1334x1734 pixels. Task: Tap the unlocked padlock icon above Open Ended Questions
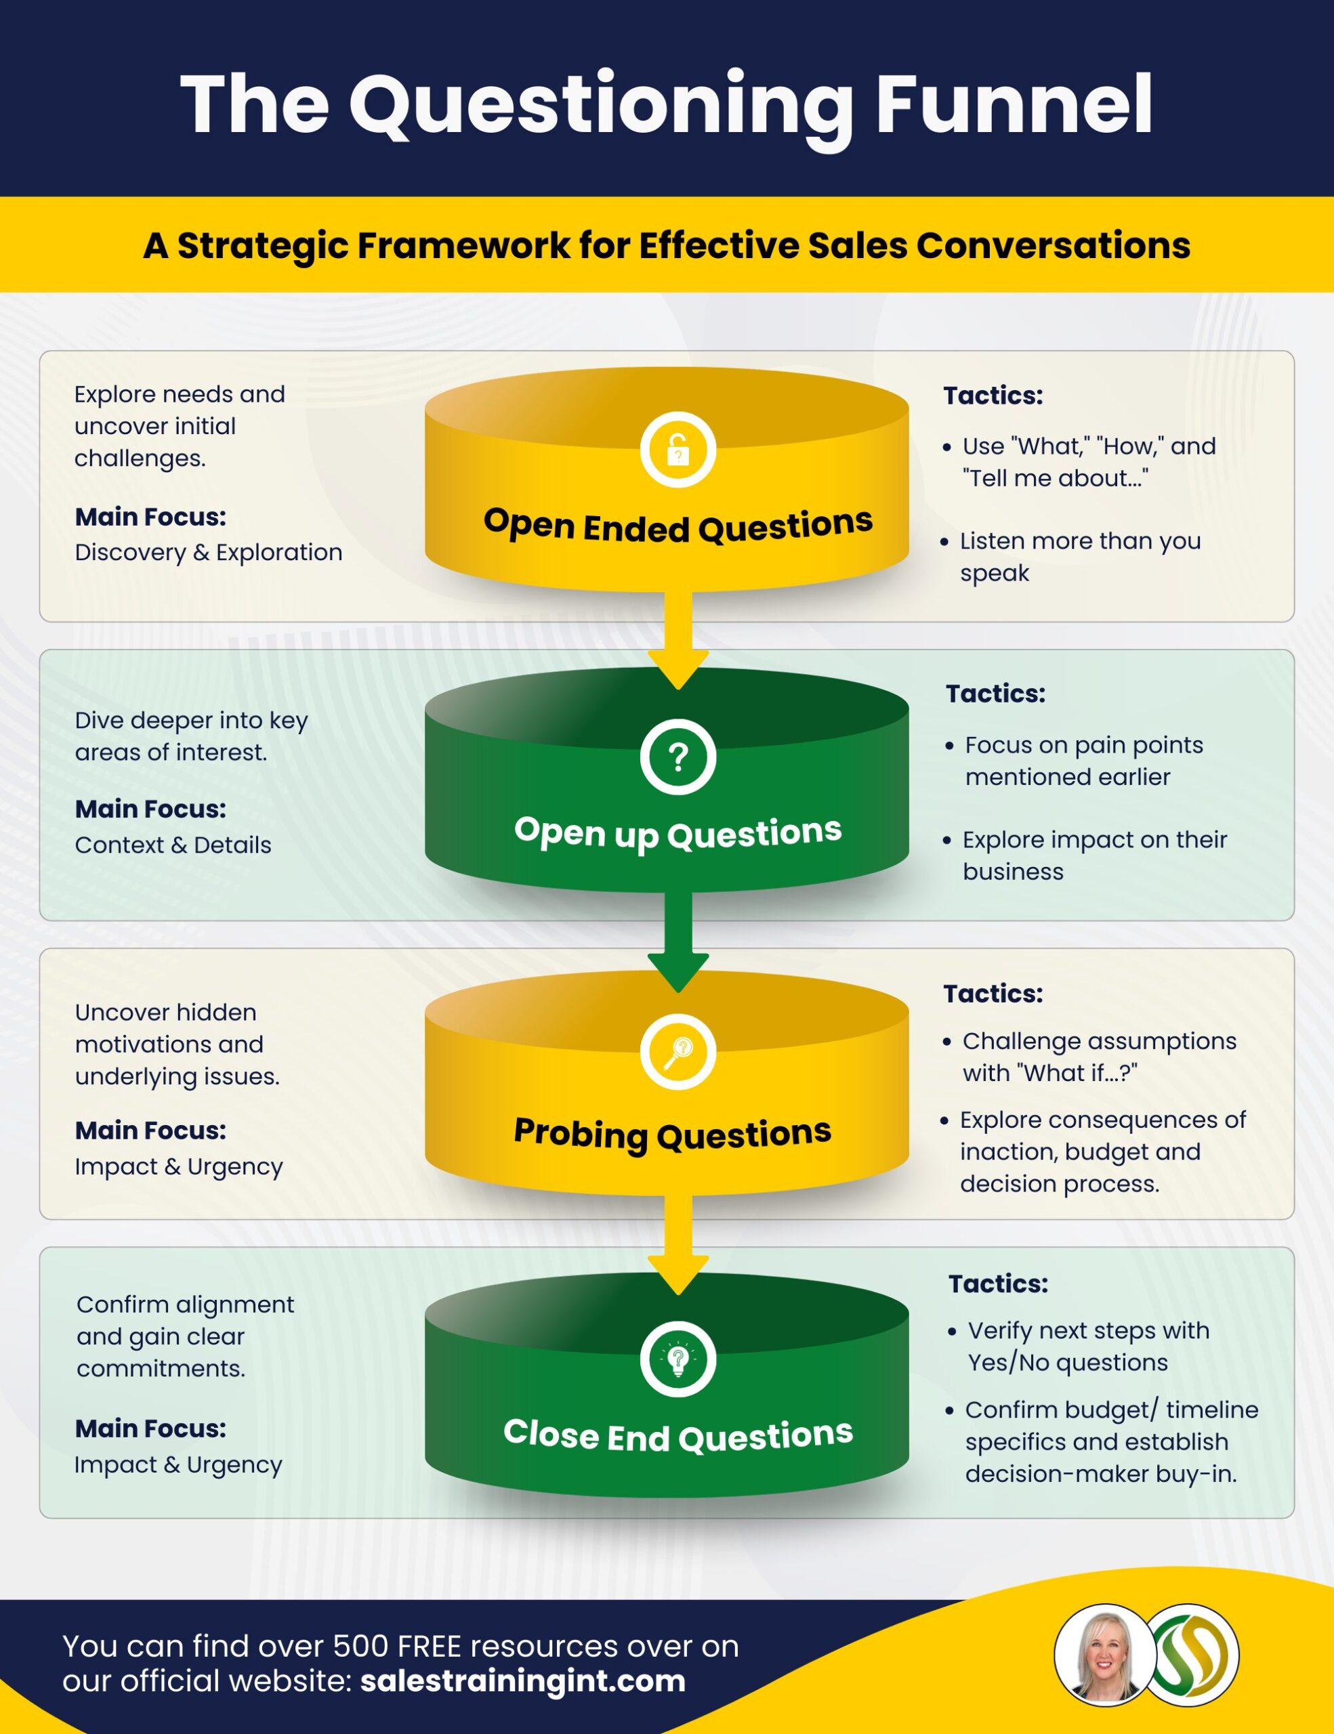tap(678, 449)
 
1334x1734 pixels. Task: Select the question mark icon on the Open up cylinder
tap(678, 757)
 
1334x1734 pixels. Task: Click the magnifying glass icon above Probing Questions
tap(678, 1052)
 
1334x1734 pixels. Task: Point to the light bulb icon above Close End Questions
tap(678, 1359)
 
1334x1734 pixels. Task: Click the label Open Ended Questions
tap(678, 526)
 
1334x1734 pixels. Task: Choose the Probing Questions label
tap(672, 1134)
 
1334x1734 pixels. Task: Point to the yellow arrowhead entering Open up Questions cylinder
tap(678, 669)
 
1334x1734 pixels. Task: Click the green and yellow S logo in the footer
tap(1190, 1656)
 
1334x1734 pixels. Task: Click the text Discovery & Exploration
tap(208, 553)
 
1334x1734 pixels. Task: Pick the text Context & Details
tap(173, 845)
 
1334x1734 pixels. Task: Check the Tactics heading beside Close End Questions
tap(998, 1284)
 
